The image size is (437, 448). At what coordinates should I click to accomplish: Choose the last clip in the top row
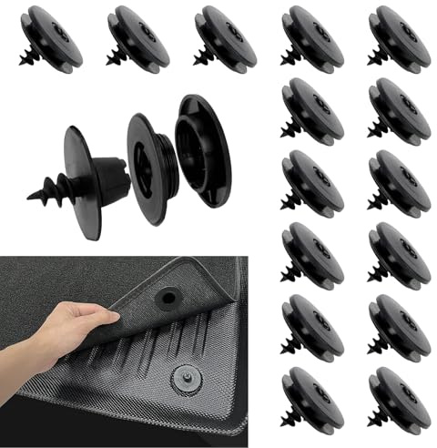(400, 36)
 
